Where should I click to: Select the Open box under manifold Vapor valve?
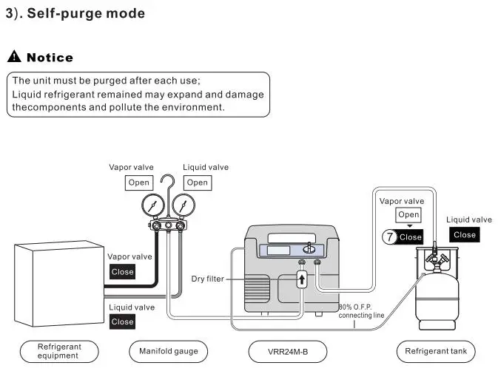(139, 183)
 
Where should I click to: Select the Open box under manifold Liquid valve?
(197, 183)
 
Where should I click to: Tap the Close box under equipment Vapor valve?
(122, 271)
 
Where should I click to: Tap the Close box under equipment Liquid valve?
(122, 321)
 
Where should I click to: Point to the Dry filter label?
(208, 279)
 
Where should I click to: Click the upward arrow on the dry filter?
(302, 281)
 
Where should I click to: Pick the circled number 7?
(390, 237)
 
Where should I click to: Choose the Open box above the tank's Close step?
(408, 215)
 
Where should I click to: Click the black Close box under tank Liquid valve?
(464, 234)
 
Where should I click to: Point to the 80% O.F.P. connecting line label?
(361, 311)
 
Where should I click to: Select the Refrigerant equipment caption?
(59, 350)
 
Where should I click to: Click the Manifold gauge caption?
(169, 350)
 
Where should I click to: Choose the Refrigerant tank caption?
(435, 350)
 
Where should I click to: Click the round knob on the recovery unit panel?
(309, 250)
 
